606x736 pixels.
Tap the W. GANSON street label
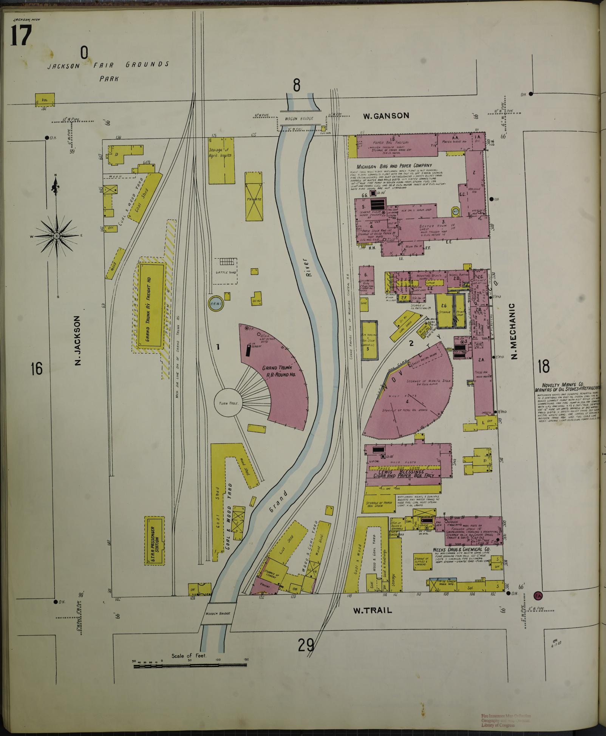point(386,116)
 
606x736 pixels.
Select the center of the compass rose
point(57,236)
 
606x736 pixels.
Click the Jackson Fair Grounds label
point(108,65)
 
